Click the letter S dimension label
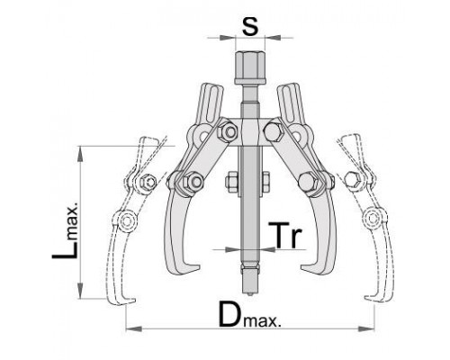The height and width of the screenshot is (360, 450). [x=250, y=27]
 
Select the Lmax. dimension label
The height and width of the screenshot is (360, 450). [x=65, y=230]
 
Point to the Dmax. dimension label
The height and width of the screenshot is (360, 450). [x=250, y=314]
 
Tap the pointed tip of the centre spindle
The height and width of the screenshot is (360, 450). [x=250, y=294]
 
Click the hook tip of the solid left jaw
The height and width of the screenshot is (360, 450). [x=198, y=267]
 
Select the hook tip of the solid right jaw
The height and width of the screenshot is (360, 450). [x=302, y=266]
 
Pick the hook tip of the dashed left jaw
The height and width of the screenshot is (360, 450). [x=134, y=300]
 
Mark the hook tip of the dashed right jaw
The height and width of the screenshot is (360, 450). [x=366, y=297]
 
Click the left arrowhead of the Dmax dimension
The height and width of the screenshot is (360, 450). [x=133, y=328]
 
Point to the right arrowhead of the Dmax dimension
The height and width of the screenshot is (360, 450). [x=366, y=328]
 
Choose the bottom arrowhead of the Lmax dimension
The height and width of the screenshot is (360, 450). [x=80, y=291]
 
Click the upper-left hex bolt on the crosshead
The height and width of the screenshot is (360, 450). [x=228, y=131]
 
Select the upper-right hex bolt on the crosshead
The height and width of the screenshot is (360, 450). [x=273, y=131]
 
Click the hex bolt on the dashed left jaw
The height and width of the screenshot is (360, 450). [x=148, y=182]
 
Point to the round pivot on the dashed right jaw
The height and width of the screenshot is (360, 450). [x=373, y=218]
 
